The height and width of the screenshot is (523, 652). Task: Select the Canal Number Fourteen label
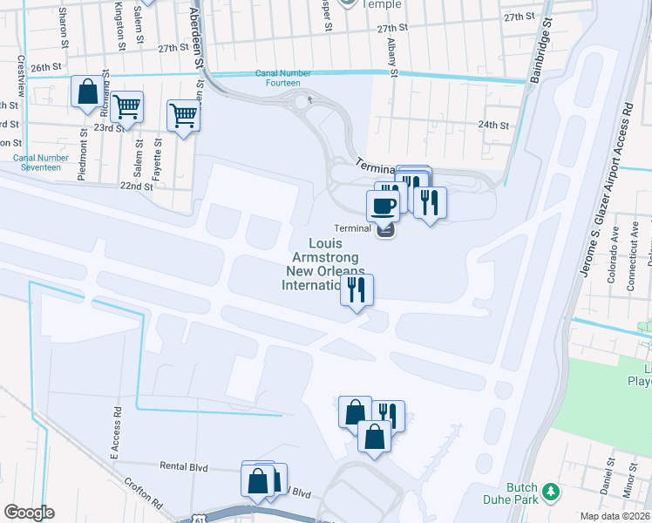[277, 78]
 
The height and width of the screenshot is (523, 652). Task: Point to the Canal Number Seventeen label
[37, 162]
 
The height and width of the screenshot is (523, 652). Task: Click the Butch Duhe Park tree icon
[551, 493]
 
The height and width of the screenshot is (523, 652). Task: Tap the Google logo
[29, 513]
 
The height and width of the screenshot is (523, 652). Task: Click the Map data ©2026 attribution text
[615, 516]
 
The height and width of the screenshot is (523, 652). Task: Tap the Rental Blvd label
[184, 467]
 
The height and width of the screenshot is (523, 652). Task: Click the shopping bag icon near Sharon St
[87, 92]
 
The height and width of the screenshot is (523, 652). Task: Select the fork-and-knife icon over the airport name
[357, 289]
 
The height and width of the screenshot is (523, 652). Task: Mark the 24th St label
[492, 125]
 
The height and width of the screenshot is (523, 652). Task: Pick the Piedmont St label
[82, 154]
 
